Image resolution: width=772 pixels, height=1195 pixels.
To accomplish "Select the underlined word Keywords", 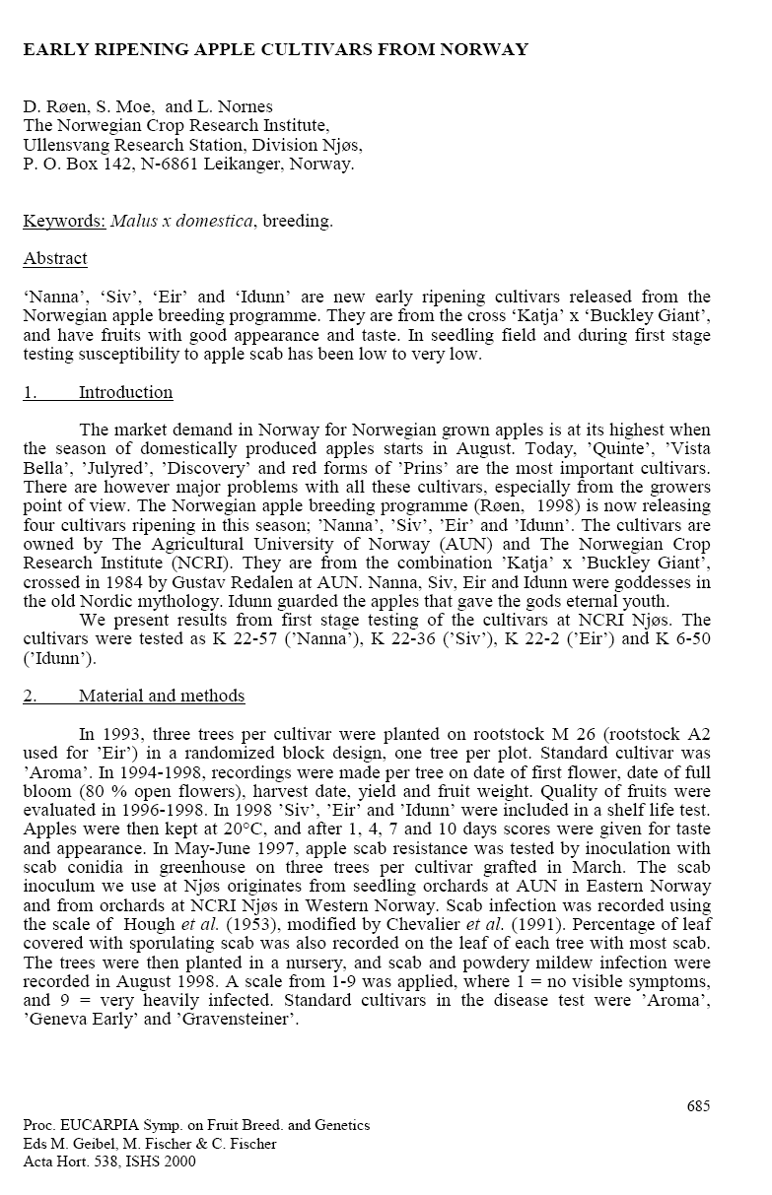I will point(64,221).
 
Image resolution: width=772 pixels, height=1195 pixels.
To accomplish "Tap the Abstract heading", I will point(55,259).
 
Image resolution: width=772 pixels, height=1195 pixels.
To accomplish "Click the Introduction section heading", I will point(125,392).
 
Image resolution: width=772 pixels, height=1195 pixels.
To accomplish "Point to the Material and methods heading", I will point(162,696).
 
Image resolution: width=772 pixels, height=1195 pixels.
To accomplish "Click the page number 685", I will point(698,1106).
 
